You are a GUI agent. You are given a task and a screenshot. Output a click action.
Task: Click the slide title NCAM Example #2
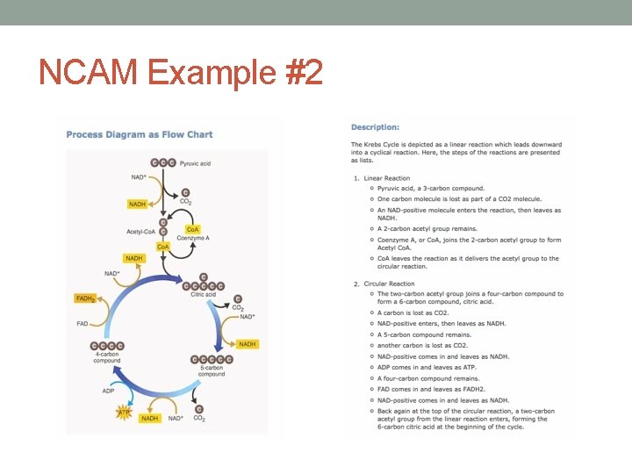coord(181,71)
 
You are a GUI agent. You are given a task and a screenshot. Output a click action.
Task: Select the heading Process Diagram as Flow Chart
coord(140,134)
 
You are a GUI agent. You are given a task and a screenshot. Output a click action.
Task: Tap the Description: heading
coord(375,127)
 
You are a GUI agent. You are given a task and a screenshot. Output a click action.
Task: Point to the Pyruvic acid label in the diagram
coord(195,162)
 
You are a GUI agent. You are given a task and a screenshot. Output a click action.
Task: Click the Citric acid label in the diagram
coord(203,294)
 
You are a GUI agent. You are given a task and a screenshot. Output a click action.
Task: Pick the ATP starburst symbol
coord(125,411)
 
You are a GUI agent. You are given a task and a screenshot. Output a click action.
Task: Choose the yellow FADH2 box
coord(85,298)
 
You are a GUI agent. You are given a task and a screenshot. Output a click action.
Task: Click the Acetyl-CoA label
coord(140,232)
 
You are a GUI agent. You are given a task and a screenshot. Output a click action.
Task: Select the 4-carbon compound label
coord(107,356)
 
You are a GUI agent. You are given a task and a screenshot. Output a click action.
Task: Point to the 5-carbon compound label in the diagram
coord(212,370)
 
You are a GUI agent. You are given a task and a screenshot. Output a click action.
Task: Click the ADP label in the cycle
coord(108,391)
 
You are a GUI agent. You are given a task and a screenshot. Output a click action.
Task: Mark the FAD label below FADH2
coord(83,324)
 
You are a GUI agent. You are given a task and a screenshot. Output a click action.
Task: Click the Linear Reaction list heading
coord(386,178)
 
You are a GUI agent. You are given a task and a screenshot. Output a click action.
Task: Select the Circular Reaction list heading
coord(389,284)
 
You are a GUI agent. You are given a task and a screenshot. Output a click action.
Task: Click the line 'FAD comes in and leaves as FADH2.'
coord(431,389)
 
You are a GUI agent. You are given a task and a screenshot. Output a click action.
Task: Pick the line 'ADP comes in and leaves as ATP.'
coord(427,367)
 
